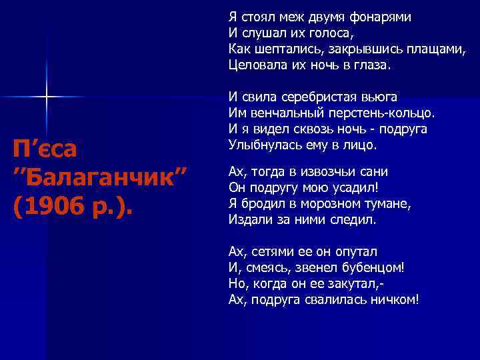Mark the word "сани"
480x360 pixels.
pyautogui.click(x=377, y=171)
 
